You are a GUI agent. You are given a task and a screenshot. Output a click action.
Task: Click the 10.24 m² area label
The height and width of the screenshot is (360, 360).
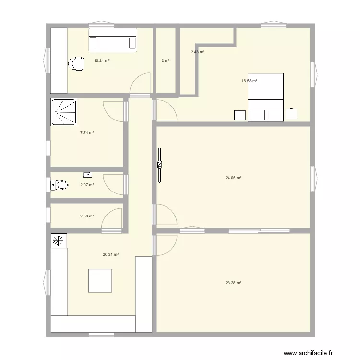click(x=102, y=61)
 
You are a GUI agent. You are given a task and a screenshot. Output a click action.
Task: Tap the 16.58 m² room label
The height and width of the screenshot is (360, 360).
click(x=249, y=81)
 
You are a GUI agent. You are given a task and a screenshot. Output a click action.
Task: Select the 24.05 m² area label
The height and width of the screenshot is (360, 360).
click(x=233, y=178)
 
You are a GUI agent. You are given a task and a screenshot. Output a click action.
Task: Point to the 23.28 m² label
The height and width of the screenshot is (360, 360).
click(x=233, y=283)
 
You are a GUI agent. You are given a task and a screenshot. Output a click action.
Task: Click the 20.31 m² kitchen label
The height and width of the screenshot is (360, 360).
click(x=110, y=255)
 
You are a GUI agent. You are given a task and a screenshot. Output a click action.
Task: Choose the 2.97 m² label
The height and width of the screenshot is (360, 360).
click(x=87, y=185)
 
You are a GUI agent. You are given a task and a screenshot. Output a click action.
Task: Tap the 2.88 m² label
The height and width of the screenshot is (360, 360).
click(x=87, y=216)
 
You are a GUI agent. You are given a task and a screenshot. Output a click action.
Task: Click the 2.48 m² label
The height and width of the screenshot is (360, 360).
click(x=198, y=52)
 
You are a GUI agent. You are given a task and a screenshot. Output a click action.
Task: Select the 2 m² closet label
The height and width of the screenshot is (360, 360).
click(x=166, y=61)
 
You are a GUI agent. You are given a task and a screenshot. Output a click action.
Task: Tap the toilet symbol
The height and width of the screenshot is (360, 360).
click(x=59, y=184)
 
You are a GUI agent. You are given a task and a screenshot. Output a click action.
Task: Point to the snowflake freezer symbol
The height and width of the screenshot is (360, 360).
click(x=59, y=240)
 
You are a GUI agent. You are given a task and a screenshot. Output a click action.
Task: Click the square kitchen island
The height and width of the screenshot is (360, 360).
click(x=100, y=281)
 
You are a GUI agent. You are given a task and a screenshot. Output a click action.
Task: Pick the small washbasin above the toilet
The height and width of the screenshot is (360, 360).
click(x=87, y=174)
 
